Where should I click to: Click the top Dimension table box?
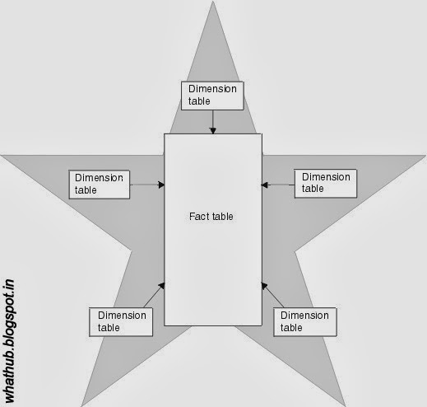point(212,95)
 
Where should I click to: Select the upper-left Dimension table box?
point(99,183)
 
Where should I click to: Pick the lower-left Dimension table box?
point(121,320)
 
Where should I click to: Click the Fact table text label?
point(211,217)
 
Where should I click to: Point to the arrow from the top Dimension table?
point(212,121)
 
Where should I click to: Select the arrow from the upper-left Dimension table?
point(147,184)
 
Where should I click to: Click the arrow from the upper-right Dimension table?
point(277,184)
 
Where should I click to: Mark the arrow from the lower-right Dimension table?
point(271,293)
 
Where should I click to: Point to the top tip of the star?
point(213,4)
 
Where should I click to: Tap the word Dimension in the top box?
point(212,89)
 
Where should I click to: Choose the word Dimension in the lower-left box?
point(122,315)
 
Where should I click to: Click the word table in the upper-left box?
point(86,189)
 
